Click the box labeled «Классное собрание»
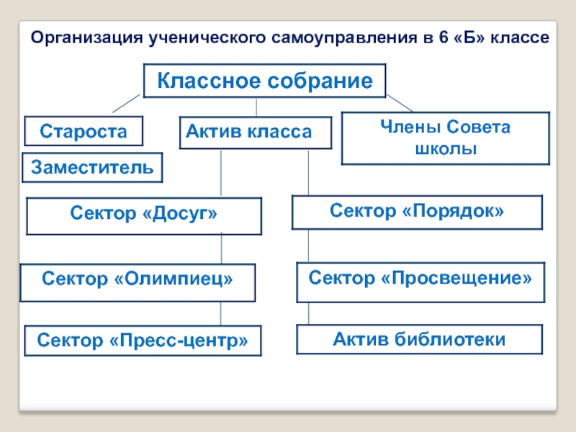[265, 81]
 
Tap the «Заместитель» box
[93, 168]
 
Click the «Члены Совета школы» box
[444, 138]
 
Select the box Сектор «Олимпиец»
[138, 281]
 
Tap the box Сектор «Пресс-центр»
[143, 341]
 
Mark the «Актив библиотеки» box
[420, 338]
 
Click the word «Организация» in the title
[85, 37]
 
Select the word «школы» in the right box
[445, 150]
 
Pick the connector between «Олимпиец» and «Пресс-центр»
[221, 314]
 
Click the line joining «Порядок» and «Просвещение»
[308, 246]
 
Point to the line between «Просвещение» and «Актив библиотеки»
[308, 313]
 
